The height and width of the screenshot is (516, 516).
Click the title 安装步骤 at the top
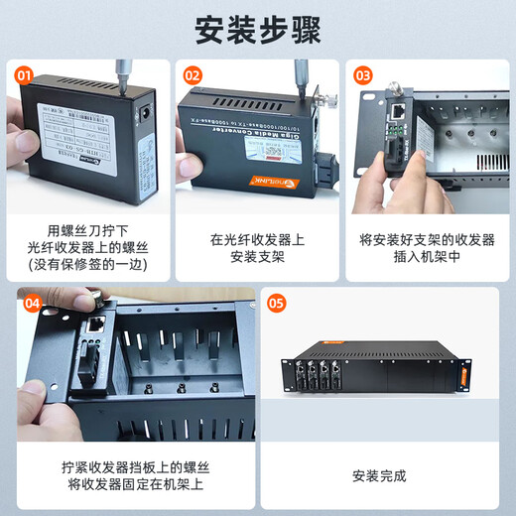(257, 30)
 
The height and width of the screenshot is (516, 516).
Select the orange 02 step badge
(193, 74)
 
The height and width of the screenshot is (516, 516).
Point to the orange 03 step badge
(362, 74)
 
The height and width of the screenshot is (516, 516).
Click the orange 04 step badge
(33, 303)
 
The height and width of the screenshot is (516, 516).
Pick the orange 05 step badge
(277, 303)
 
